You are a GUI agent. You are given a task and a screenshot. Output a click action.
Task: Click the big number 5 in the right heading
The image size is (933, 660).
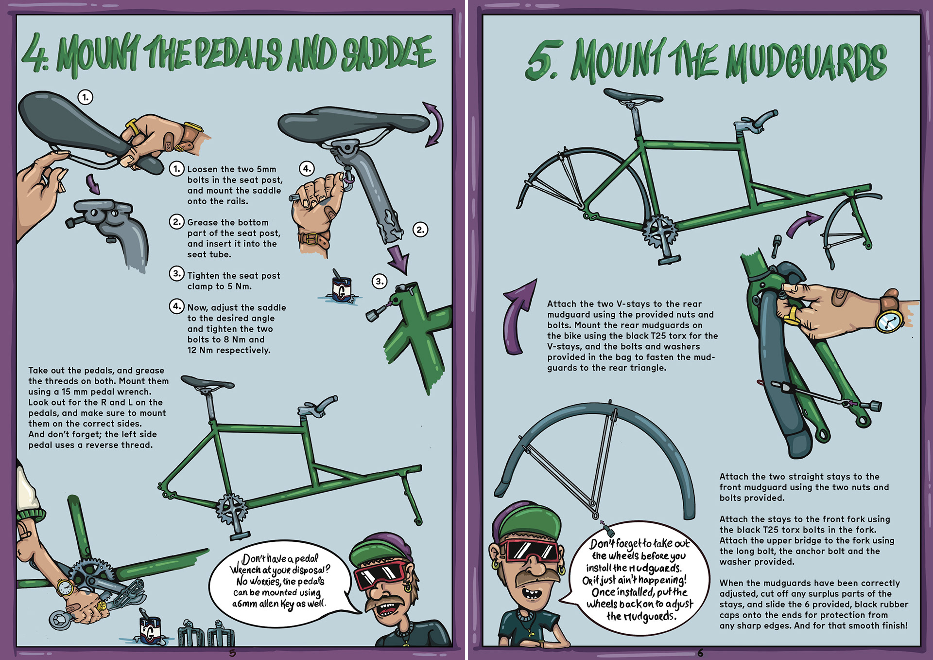click(x=542, y=61)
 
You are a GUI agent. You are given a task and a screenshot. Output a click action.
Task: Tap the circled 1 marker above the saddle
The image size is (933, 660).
click(x=86, y=97)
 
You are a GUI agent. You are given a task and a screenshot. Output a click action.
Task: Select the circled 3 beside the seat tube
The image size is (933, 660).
click(x=380, y=281)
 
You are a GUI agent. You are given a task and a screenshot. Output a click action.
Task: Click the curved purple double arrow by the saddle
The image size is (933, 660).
click(x=433, y=124)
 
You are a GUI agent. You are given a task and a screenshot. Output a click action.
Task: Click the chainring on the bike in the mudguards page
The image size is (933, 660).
click(x=659, y=231)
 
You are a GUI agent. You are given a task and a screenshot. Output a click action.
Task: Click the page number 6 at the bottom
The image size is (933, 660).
click(x=700, y=653)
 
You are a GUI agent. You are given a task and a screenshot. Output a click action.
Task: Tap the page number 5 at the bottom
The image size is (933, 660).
click(x=232, y=653)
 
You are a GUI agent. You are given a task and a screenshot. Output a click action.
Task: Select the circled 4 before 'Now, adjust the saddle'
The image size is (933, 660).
click(x=176, y=306)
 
